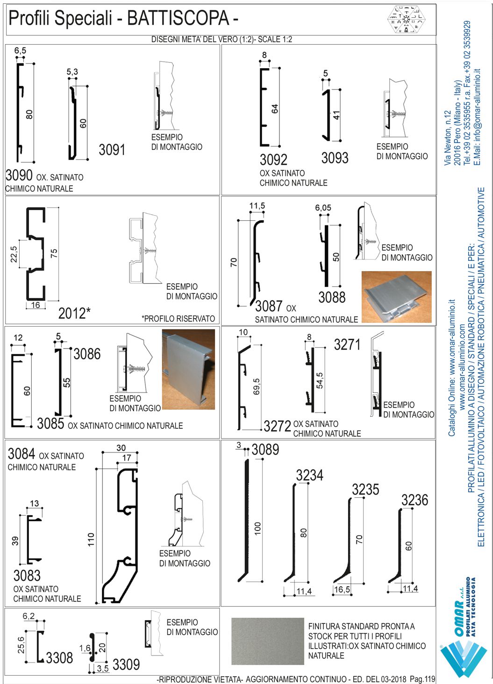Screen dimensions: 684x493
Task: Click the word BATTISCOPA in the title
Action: pyautogui.click(x=178, y=19)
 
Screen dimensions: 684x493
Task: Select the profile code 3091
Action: pyautogui.click(x=112, y=150)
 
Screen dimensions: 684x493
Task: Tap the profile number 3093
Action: pyautogui.click(x=335, y=158)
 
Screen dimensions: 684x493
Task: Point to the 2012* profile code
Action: pyautogui.click(x=74, y=313)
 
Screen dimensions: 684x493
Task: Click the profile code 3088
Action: pyautogui.click(x=332, y=297)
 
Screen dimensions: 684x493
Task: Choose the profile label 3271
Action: pyautogui.click(x=347, y=345)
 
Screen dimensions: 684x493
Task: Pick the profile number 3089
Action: pyautogui.click(x=265, y=450)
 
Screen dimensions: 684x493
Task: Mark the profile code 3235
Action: pyautogui.click(x=365, y=489)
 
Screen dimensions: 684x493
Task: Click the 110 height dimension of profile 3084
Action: pyautogui.click(x=91, y=539)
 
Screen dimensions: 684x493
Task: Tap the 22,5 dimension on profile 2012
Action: pyautogui.click(x=14, y=254)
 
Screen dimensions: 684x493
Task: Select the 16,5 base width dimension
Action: pyautogui.click(x=342, y=590)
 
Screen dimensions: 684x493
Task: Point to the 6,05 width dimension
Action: pyautogui.click(x=323, y=208)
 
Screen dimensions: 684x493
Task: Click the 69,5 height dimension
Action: pyautogui.click(x=257, y=386)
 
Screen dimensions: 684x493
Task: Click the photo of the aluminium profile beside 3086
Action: pyautogui.click(x=188, y=369)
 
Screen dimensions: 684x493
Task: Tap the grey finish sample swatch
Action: pyautogui.click(x=267, y=641)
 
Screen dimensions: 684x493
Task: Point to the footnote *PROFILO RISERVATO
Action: pyautogui.click(x=179, y=319)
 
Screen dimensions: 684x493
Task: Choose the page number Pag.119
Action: pyautogui.click(x=422, y=679)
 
